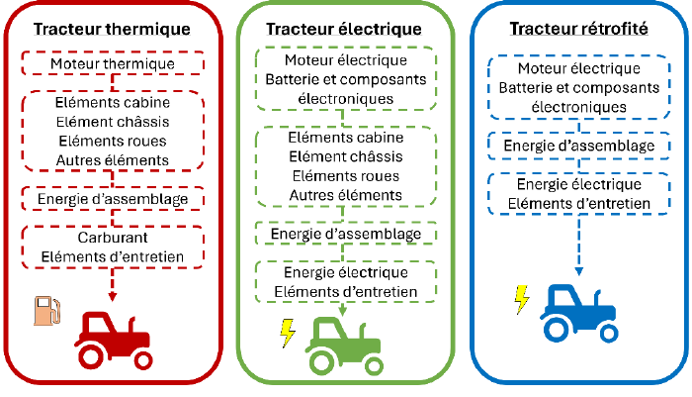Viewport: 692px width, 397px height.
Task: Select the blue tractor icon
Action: point(574,312)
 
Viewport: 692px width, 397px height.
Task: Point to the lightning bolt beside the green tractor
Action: point(288,332)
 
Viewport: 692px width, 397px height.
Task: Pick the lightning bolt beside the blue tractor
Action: point(520,298)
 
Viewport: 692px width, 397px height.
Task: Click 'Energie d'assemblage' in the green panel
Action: point(345,234)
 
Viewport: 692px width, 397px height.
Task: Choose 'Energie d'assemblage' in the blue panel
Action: point(578,147)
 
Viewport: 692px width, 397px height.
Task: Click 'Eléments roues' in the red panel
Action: point(112,141)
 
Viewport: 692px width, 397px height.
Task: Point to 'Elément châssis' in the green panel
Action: point(345,156)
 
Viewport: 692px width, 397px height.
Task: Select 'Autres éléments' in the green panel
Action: point(345,195)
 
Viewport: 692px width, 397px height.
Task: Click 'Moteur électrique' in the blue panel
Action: point(578,68)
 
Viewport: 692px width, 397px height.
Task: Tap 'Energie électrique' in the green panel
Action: point(345,272)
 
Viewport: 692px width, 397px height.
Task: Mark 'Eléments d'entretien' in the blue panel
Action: point(578,204)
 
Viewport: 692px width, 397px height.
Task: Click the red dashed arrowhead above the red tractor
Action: point(112,298)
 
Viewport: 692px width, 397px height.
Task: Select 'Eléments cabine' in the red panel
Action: point(112,102)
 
